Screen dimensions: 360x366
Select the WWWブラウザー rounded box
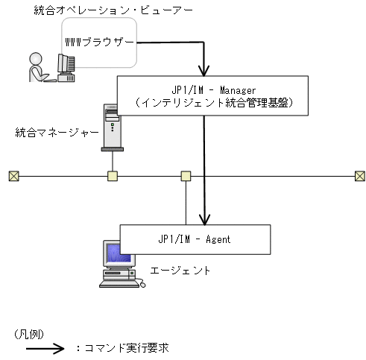100,43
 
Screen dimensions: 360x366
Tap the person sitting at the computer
36,67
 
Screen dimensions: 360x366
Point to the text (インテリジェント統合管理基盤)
212,104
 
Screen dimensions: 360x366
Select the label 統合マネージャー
57,133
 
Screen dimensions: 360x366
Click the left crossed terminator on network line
13,176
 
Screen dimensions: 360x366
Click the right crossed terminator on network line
360,176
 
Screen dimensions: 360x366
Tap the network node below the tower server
113,176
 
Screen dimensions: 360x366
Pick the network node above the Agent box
186,176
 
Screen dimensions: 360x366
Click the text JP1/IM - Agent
195,239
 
